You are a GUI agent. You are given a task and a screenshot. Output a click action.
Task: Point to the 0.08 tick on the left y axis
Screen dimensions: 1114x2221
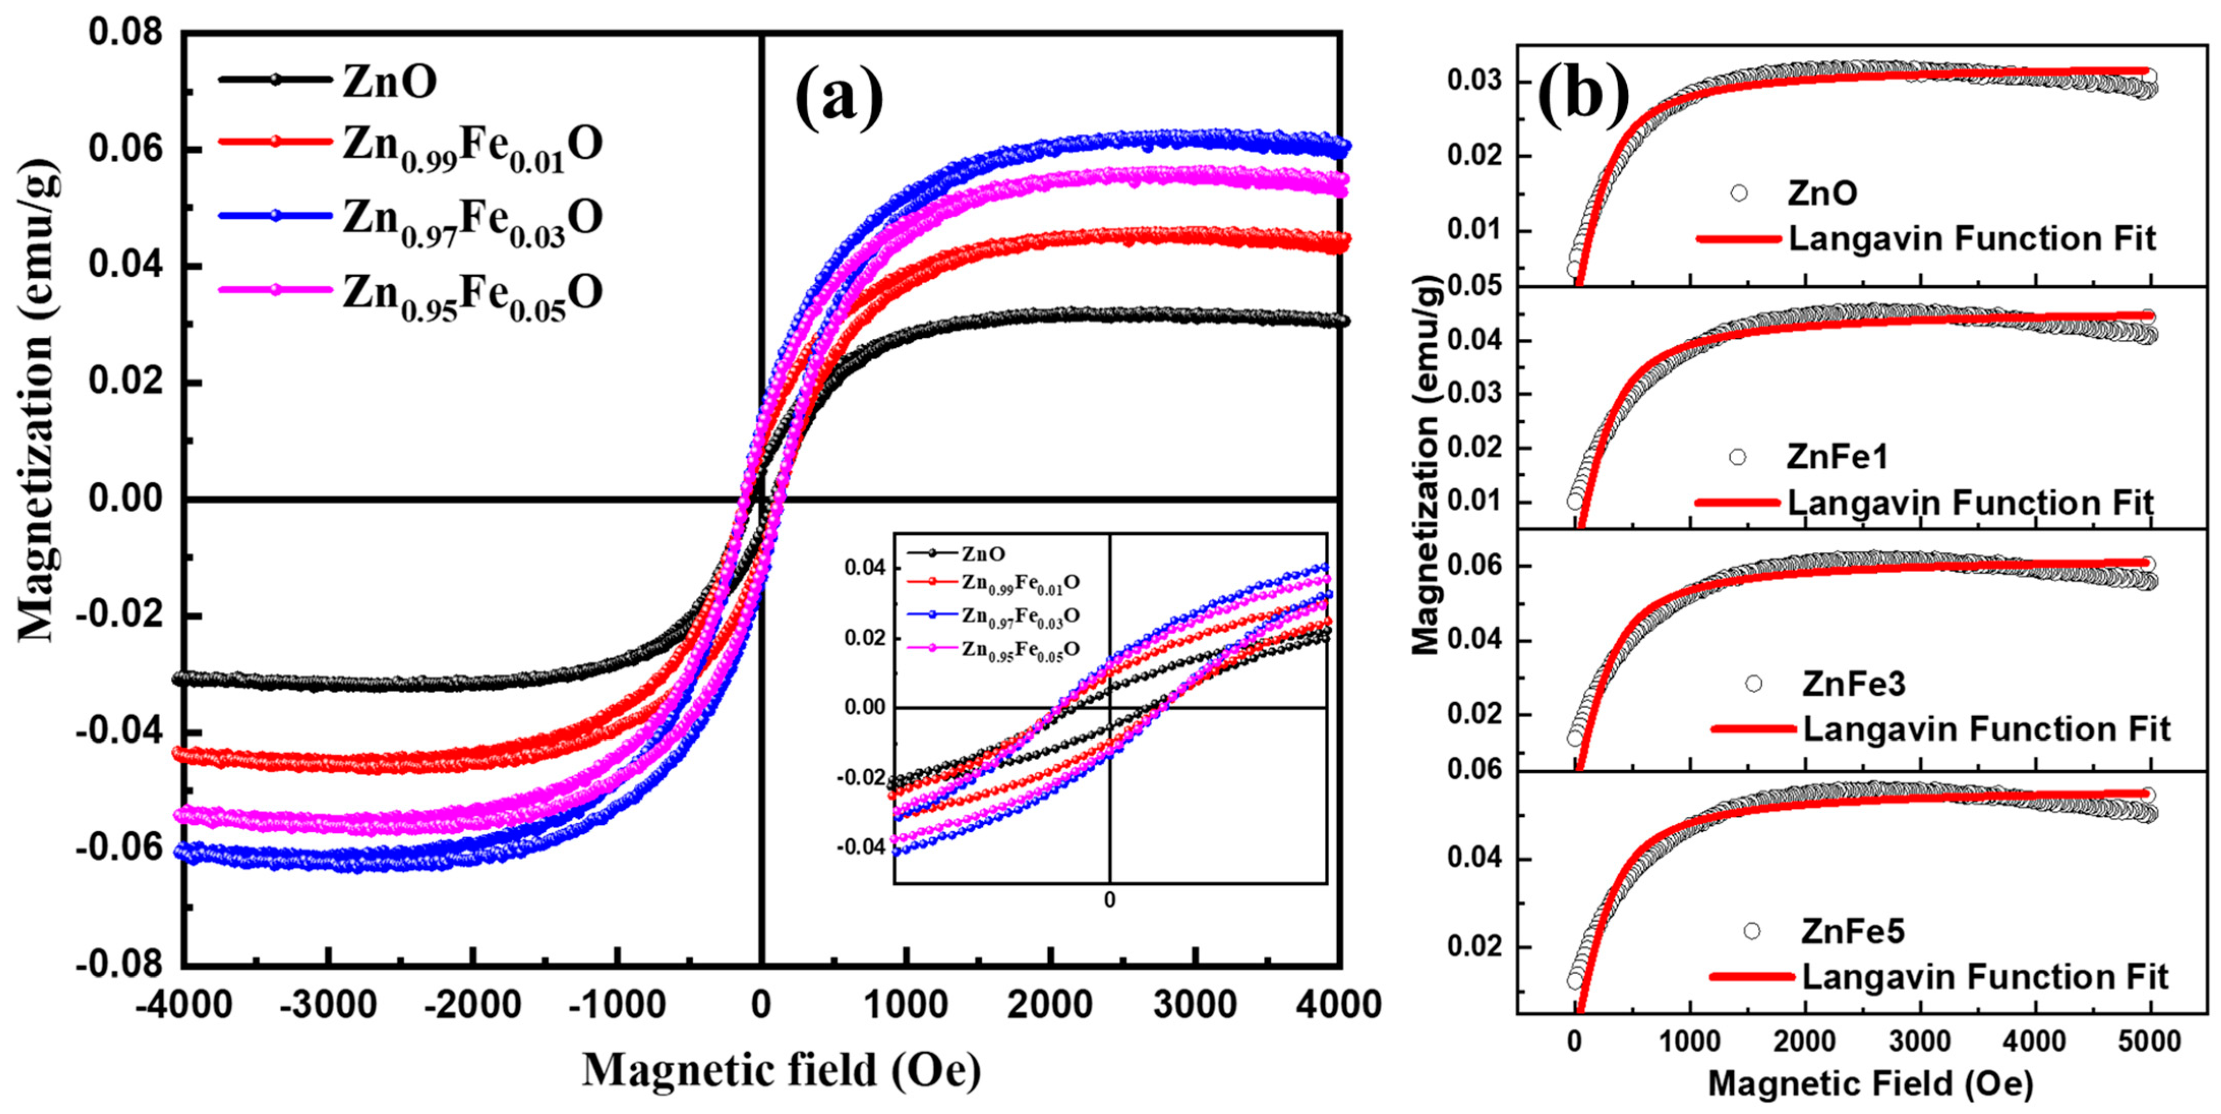(x=125, y=33)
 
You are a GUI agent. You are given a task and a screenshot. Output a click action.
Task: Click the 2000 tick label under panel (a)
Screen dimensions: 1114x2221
(x=1050, y=1005)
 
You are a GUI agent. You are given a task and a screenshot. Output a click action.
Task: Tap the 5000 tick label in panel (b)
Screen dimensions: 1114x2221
(x=2149, y=1041)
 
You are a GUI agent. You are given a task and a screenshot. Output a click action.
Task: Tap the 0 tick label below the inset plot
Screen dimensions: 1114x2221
(x=1110, y=900)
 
